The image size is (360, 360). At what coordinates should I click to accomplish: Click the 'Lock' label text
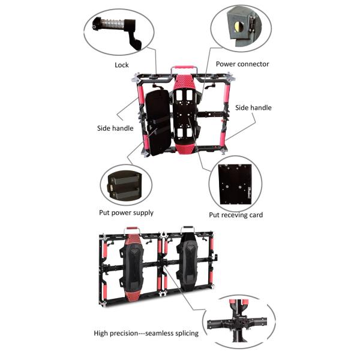click(121, 65)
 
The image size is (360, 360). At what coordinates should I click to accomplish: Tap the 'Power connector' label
click(242, 64)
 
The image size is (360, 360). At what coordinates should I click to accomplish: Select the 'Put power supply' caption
click(126, 212)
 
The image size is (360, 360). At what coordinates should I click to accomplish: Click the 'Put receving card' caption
click(236, 215)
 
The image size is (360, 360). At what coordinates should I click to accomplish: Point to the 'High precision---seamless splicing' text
click(146, 333)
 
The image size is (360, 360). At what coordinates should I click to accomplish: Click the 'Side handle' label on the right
click(253, 107)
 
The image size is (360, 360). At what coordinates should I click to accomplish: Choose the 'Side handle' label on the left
click(115, 128)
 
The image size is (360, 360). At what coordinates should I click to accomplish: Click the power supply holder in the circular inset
click(125, 185)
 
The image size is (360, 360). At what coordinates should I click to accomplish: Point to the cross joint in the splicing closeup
click(239, 321)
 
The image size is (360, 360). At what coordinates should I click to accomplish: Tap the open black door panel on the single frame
click(158, 122)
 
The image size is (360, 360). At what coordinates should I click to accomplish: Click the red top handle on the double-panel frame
click(132, 229)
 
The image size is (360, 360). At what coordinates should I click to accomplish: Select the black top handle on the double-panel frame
click(188, 228)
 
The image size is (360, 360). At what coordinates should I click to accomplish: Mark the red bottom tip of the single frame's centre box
click(185, 149)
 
